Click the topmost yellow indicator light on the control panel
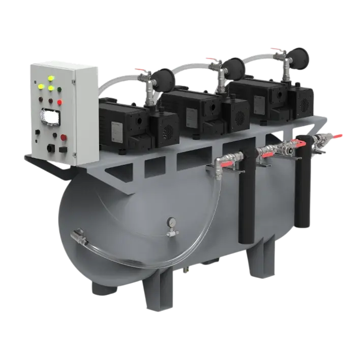pyautogui.click(x=50, y=79)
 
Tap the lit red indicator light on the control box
pyautogui.click(x=59, y=102)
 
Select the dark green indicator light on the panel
pyautogui.click(x=59, y=90)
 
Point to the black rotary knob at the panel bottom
pyautogui.click(x=49, y=148)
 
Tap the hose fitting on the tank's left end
pyautogui.click(x=78, y=235)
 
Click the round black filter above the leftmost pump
pyautogui.click(x=164, y=76)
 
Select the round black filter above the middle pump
pyautogui.click(x=234, y=65)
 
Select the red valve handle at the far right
pyautogui.click(x=336, y=135)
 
